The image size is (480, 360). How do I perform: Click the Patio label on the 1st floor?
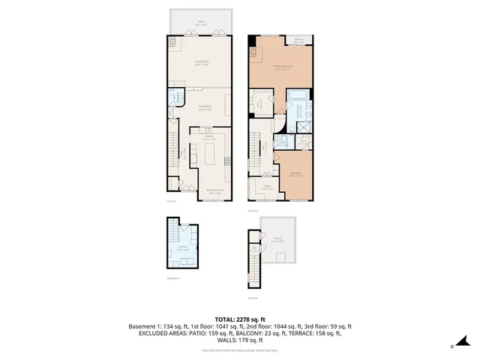[201, 22]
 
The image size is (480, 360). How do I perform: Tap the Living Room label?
[202, 63]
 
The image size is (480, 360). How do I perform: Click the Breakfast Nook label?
[217, 192]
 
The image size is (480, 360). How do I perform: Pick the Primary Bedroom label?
[282, 67]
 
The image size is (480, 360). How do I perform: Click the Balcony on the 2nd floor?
[298, 40]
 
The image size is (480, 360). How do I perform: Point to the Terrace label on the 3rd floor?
[278, 239]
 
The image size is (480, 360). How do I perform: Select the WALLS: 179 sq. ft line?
[240, 340]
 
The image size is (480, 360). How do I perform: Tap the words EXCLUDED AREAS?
[165, 334]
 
